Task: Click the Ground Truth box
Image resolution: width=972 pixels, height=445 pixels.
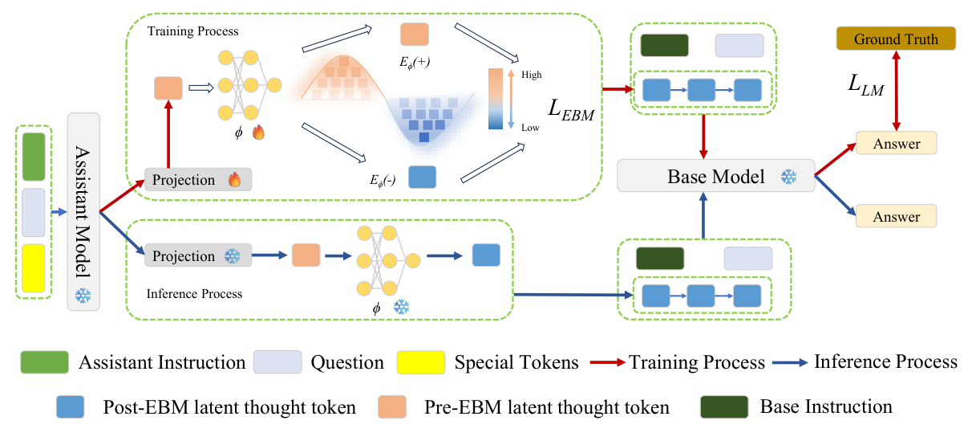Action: pyautogui.click(x=896, y=39)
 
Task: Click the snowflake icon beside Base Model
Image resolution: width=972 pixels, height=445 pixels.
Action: pyautogui.click(x=789, y=176)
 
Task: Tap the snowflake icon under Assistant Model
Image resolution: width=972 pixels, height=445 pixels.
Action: pyautogui.click(x=83, y=296)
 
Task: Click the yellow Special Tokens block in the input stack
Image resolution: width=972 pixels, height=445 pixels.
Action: pyautogui.click(x=34, y=267)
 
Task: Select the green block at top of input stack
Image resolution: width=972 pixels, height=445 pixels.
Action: pyautogui.click(x=34, y=157)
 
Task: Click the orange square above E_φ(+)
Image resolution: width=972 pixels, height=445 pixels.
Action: pyautogui.click(x=414, y=35)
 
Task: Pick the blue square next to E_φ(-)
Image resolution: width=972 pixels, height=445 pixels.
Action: pyautogui.click(x=422, y=176)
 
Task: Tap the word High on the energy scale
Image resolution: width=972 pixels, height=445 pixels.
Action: pyautogui.click(x=531, y=75)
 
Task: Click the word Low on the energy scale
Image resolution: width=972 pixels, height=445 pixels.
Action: pyautogui.click(x=530, y=128)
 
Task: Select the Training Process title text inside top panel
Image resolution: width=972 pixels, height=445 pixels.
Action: pyautogui.click(x=192, y=31)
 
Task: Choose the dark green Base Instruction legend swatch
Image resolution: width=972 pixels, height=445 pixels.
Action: pyautogui.click(x=724, y=407)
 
